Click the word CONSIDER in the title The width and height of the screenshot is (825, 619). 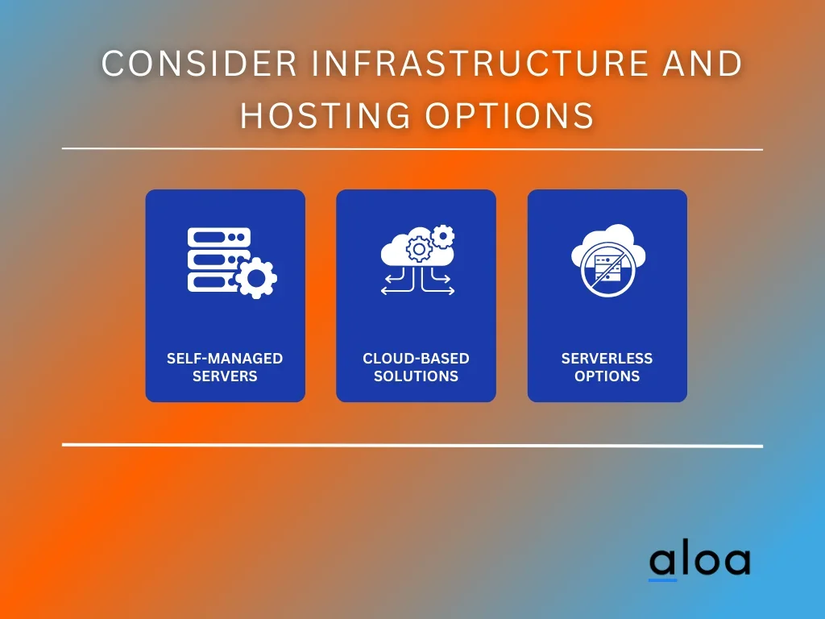(x=200, y=63)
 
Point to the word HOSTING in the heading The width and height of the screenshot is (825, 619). (x=325, y=116)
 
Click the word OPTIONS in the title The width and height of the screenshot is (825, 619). (x=509, y=116)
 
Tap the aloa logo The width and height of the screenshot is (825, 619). (x=700, y=562)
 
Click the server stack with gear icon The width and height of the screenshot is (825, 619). (x=232, y=263)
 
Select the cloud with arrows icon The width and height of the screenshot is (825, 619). (x=418, y=260)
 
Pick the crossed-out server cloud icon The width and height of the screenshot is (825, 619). (x=608, y=260)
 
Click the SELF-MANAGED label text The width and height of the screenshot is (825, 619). (x=225, y=359)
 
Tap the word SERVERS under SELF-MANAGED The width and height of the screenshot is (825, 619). (x=225, y=376)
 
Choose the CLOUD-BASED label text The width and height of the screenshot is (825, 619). (x=416, y=359)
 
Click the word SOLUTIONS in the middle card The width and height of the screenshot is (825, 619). (x=416, y=376)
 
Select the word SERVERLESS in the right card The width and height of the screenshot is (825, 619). (x=607, y=359)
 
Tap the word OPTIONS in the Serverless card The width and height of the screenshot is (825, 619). (x=607, y=376)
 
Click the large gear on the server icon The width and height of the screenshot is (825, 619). (x=256, y=278)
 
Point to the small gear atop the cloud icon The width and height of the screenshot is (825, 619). (x=443, y=236)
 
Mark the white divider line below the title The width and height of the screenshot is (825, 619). (x=412, y=149)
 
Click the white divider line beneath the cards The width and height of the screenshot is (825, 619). (x=412, y=445)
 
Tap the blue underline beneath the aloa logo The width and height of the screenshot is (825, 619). (x=662, y=580)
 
